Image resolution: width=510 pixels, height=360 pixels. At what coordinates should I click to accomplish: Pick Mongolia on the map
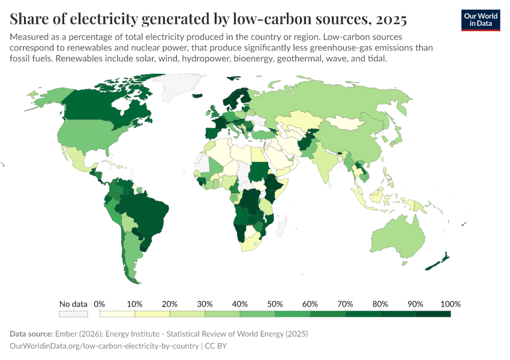(x=348, y=124)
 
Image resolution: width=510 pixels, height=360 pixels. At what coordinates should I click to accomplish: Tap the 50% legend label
(x=275, y=304)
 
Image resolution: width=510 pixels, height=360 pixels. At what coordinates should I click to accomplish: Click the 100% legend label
(x=449, y=304)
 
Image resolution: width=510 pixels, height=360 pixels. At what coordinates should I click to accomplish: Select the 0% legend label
(x=100, y=304)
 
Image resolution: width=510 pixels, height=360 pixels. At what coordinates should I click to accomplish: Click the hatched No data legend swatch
(x=73, y=313)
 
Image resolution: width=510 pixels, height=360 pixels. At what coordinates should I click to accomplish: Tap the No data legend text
(x=73, y=304)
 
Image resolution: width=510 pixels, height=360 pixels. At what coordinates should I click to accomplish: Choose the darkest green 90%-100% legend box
(x=433, y=313)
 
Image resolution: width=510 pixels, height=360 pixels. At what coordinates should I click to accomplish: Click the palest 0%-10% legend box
(x=118, y=313)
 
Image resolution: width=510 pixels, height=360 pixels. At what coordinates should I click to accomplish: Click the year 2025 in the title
(x=392, y=20)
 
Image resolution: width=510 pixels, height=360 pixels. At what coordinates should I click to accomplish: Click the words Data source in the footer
(x=31, y=334)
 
